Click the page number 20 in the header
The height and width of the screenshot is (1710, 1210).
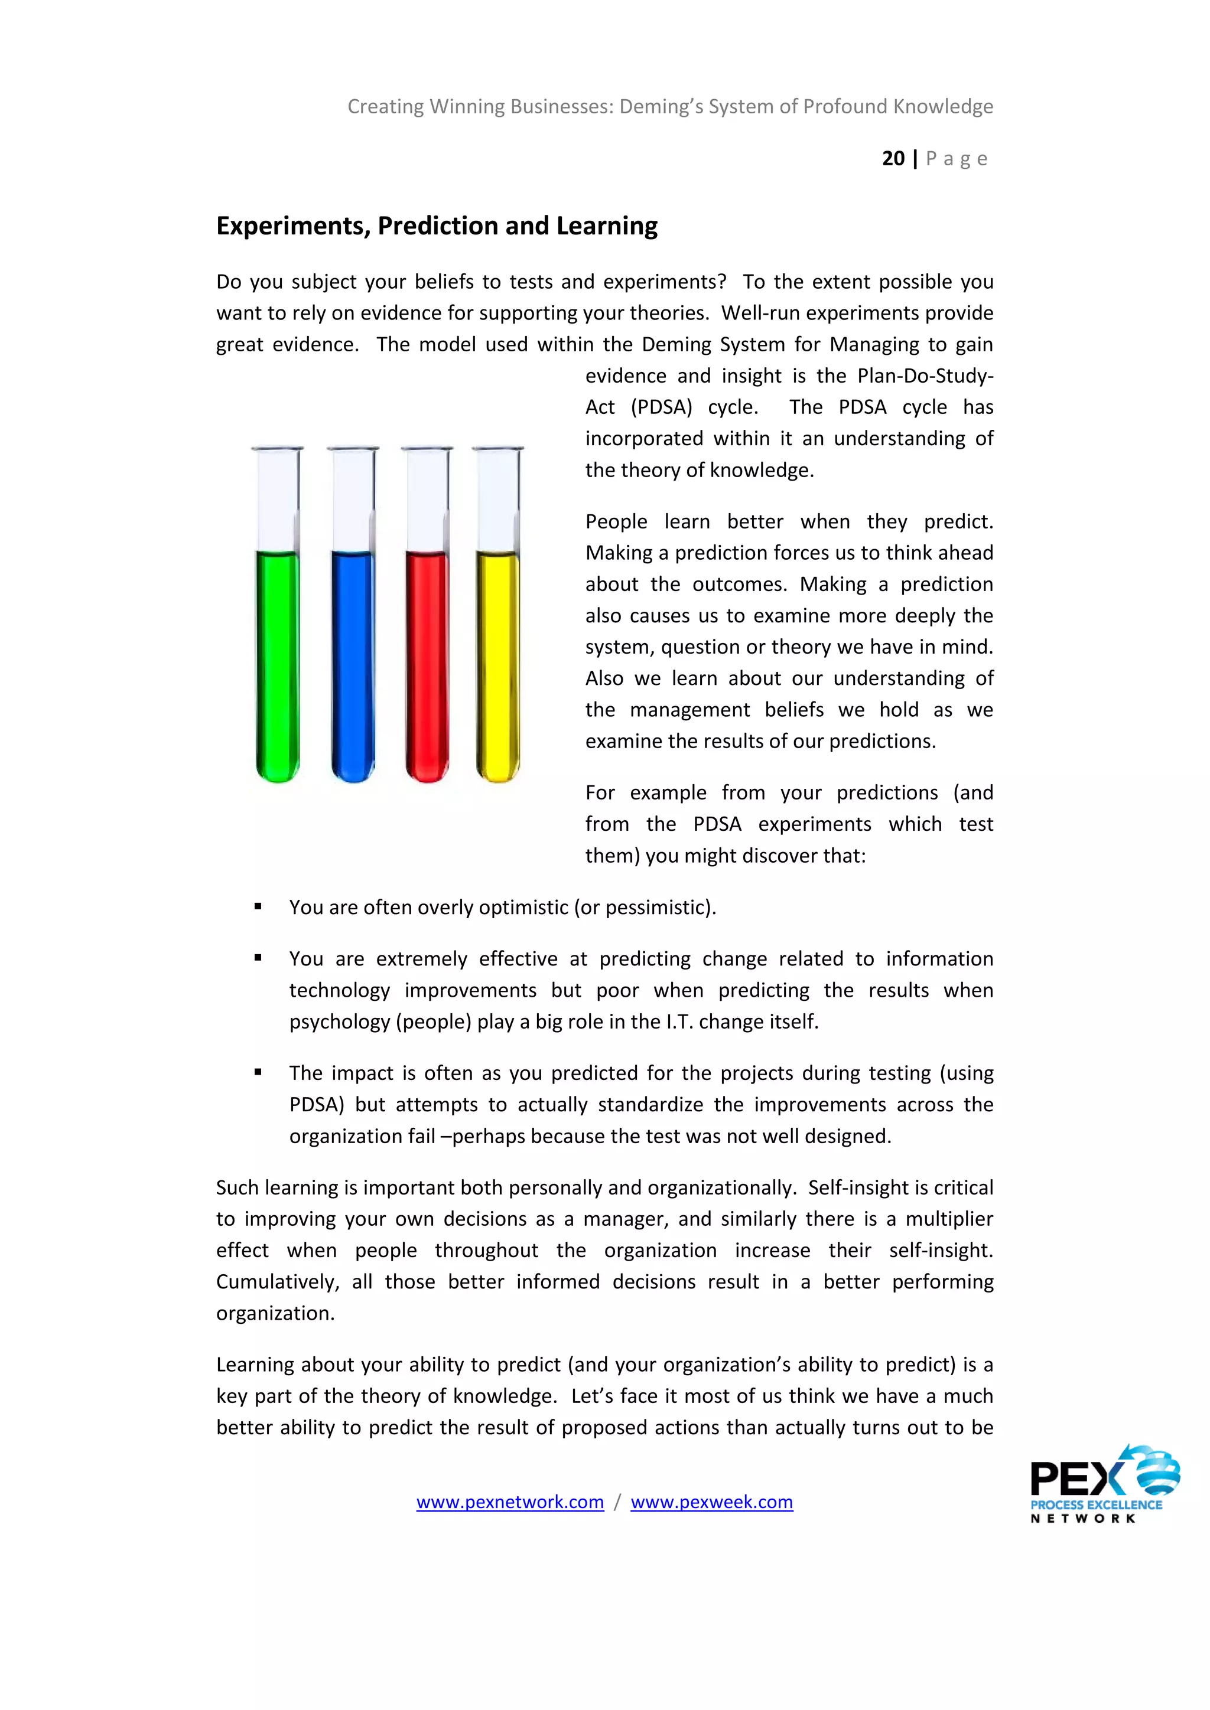(893, 159)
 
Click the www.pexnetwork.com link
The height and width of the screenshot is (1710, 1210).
(510, 1502)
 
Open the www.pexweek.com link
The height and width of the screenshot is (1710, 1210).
(711, 1502)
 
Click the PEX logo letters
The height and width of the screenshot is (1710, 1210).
(1076, 1479)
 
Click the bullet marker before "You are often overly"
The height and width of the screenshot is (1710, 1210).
(258, 906)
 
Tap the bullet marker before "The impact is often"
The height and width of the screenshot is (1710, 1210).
(258, 1072)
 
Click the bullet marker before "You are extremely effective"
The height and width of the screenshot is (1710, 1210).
(258, 958)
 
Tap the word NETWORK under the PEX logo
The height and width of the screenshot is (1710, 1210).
(1082, 1519)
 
